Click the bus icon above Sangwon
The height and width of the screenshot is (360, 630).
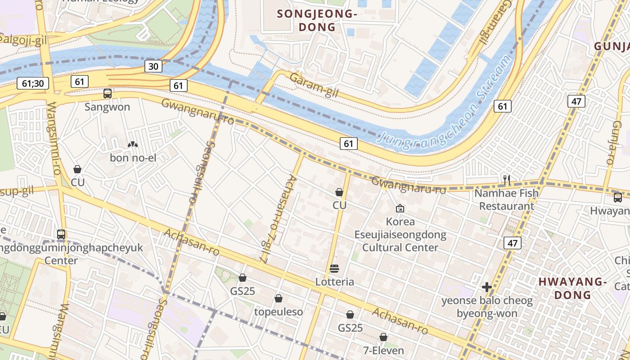[108, 94]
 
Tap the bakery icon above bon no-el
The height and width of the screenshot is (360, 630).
[133, 145]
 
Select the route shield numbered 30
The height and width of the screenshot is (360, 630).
[153, 67]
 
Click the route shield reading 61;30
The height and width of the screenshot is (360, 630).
[32, 83]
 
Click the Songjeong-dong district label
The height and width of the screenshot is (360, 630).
[317, 20]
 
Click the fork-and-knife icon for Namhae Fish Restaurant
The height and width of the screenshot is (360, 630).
[507, 180]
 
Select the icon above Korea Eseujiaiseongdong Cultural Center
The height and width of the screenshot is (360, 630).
[400, 208]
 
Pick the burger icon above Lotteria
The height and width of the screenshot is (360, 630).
[334, 269]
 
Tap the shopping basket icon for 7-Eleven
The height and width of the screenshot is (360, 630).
[383, 337]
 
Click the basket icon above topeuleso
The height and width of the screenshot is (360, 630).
[279, 299]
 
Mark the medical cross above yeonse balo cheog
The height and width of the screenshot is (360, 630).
[486, 287]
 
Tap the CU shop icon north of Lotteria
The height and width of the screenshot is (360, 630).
[339, 192]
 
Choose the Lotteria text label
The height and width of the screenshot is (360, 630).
[334, 282]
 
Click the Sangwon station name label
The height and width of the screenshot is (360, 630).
[108, 107]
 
